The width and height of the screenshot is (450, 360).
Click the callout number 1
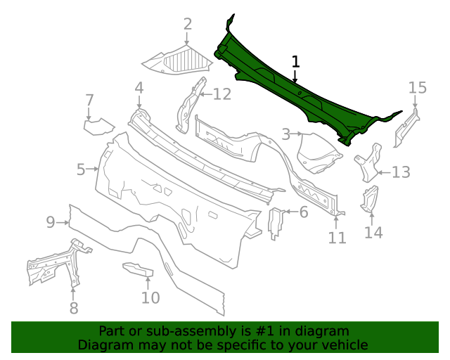pyautogui.click(x=295, y=62)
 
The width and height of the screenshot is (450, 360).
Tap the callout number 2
pyautogui.click(x=188, y=24)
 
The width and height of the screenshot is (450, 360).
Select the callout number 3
pyautogui.click(x=286, y=134)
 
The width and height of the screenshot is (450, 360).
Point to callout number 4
pyautogui.click(x=139, y=88)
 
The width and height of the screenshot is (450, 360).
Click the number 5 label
pyautogui.click(x=81, y=169)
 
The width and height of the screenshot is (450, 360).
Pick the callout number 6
pyautogui.click(x=304, y=212)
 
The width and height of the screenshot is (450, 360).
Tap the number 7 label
pyautogui.click(x=89, y=100)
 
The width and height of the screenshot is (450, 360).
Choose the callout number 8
pyautogui.click(x=74, y=308)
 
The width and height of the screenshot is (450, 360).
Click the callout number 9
pyautogui.click(x=51, y=222)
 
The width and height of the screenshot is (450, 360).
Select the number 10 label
pyautogui.click(x=150, y=297)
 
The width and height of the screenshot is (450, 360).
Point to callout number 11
pyautogui.click(x=337, y=238)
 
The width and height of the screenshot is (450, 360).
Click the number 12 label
pyautogui.click(x=222, y=94)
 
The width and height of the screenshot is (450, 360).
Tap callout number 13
pyautogui.click(x=401, y=172)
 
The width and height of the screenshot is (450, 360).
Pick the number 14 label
pyautogui.click(x=373, y=233)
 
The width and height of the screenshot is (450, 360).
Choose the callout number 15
pyautogui.click(x=418, y=88)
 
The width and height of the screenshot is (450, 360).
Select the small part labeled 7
pyautogui.click(x=98, y=127)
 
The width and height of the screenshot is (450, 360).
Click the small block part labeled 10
pyautogui.click(x=139, y=269)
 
